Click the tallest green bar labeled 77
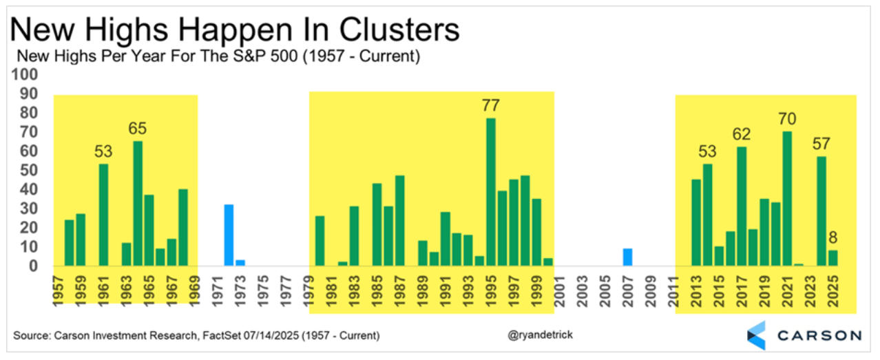[491, 192]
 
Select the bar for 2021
[787, 199]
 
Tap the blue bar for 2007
[627, 257]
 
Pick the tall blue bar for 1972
[229, 235]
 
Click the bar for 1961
[103, 215]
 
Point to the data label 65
[138, 129]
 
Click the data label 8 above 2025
[833, 237]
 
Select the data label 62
[742, 135]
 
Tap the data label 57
[821, 144]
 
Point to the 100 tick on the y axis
[24, 74]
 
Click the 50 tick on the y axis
[29, 171]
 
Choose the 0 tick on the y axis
[33, 266]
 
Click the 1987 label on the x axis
[399, 291]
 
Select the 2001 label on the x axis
[559, 291]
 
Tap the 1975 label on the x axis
[263, 291]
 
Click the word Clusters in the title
[399, 30]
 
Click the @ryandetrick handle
[540, 335]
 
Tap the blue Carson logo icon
[756, 335]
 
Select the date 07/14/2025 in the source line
[271, 336]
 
